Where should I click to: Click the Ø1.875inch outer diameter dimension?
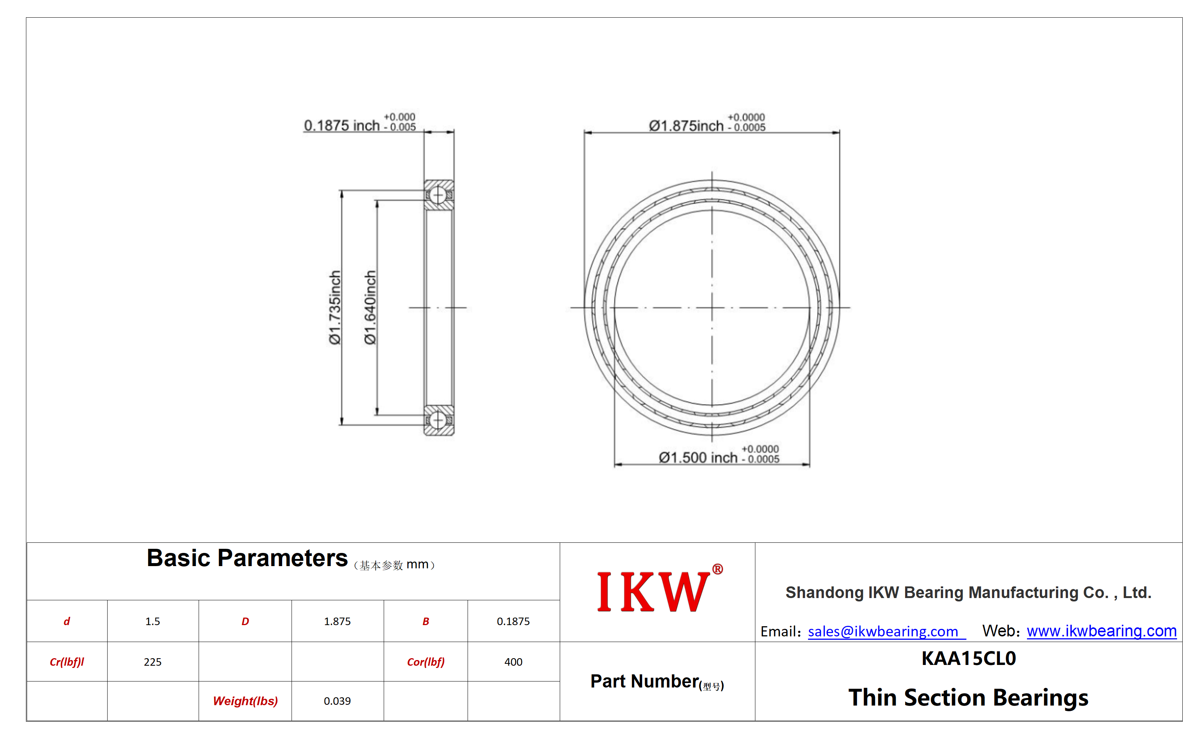coord(707,122)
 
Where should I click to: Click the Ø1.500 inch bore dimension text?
coord(719,454)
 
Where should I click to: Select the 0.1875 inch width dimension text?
coord(360,122)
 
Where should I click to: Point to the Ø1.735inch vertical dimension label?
coord(334,307)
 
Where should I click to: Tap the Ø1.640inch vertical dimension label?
coord(370,307)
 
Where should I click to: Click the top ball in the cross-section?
coord(438,195)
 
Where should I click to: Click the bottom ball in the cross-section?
coord(438,420)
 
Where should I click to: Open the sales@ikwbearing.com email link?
coord(883,631)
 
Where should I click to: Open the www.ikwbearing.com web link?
coord(1101,631)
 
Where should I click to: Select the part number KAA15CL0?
coord(969,658)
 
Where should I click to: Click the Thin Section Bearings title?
coord(969,697)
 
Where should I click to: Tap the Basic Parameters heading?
coord(247,558)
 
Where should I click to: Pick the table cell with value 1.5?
coord(153,621)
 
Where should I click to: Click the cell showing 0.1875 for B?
coord(513,621)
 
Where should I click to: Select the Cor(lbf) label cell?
coord(425,662)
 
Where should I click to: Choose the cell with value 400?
coord(513,662)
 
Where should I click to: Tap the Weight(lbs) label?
coord(245,701)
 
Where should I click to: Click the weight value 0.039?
coord(337,701)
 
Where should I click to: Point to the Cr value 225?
coord(153,662)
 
